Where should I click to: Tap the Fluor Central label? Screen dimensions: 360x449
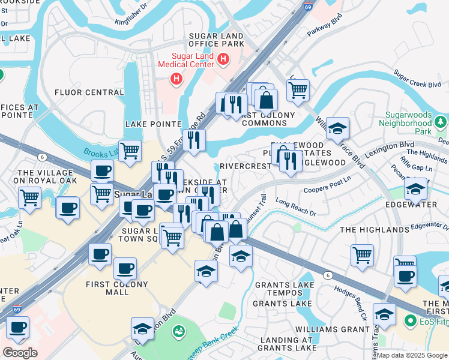coord(89,92)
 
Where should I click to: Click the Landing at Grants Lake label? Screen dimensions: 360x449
coord(288,343)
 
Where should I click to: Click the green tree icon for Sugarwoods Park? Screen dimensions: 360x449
coord(441,122)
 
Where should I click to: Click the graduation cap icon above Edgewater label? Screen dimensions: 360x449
coord(416,189)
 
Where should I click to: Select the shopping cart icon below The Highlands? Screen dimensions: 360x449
coord(363,254)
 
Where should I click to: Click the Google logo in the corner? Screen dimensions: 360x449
coord(20,353)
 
